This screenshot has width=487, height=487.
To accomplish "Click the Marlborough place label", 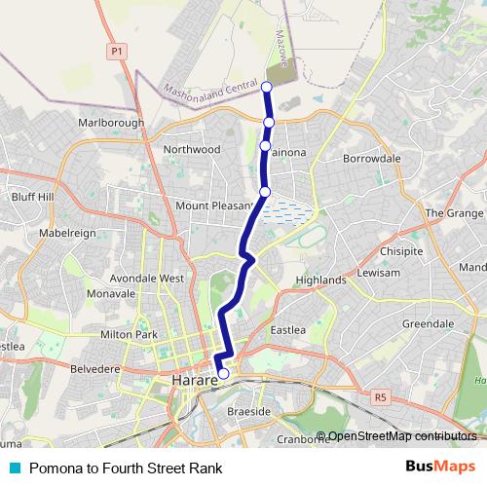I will [111, 123].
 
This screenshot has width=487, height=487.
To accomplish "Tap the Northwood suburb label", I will [194, 150].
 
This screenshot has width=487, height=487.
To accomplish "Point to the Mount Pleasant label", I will [213, 206].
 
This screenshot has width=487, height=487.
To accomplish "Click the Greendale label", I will [429, 323].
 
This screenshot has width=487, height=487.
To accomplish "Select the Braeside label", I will [249, 413].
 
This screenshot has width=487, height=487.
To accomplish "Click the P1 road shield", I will [118, 51].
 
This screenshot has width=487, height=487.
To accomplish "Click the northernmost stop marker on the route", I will [268, 88].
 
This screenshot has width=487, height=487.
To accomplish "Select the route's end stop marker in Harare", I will [223, 373].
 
